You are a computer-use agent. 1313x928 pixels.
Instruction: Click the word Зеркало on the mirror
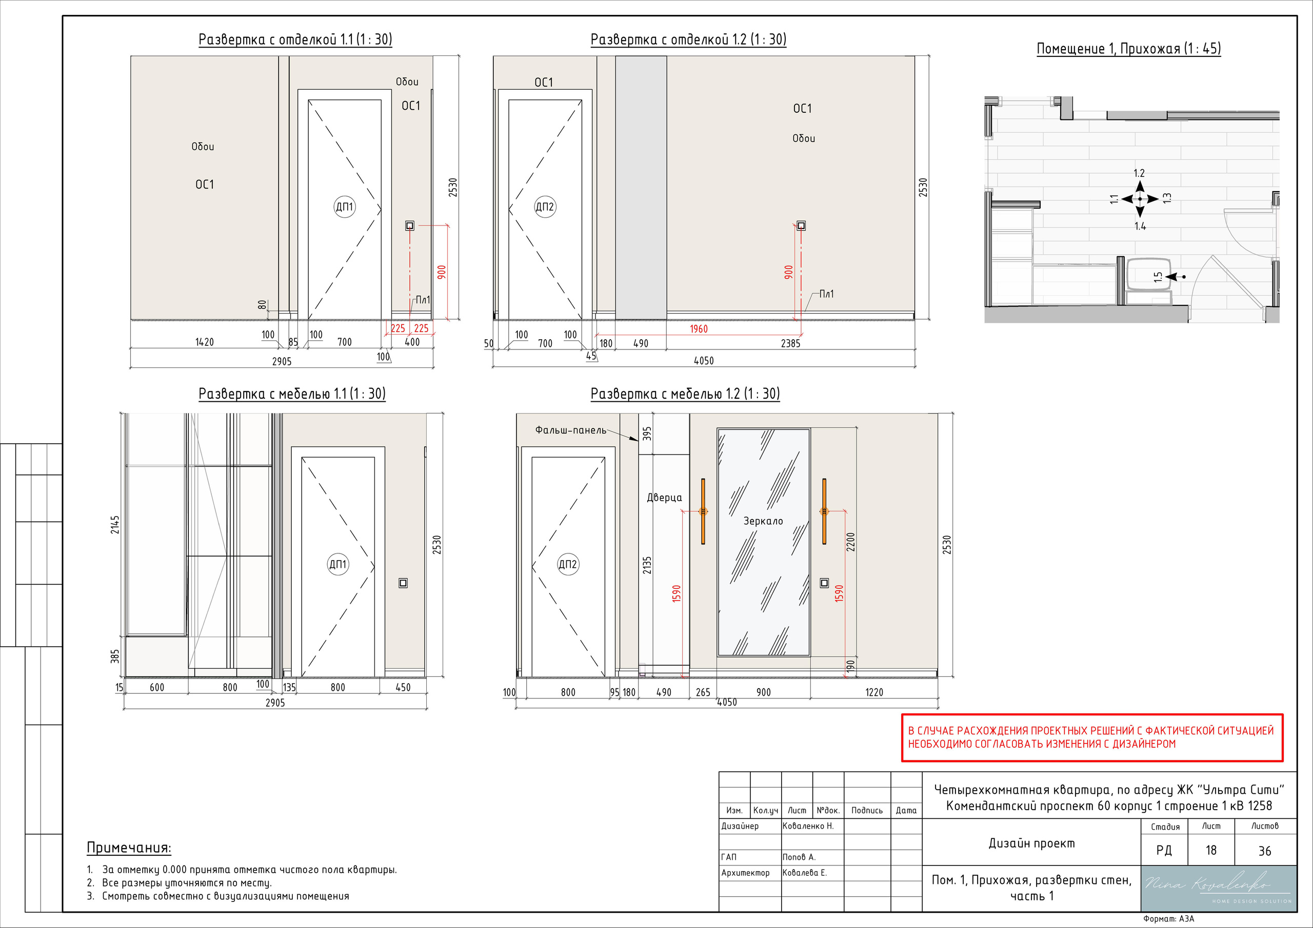(x=763, y=521)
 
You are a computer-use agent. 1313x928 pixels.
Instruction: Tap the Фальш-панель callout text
(x=570, y=430)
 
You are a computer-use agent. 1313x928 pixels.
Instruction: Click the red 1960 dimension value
(x=698, y=328)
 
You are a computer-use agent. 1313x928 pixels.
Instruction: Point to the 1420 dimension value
(x=204, y=342)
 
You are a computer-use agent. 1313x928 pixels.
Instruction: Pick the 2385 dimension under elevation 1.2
(x=790, y=343)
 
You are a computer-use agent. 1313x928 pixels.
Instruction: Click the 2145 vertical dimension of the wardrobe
(x=115, y=525)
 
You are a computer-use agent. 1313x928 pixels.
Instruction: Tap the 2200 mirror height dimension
(x=851, y=542)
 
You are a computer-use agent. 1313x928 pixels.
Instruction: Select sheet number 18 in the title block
(x=1210, y=850)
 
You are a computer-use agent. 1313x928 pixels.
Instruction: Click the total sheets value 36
(x=1264, y=851)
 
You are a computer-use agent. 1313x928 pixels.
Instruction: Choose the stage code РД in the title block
(x=1164, y=850)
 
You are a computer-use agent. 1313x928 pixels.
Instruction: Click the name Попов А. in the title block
(x=799, y=857)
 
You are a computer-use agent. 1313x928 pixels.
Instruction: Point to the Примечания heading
(x=129, y=848)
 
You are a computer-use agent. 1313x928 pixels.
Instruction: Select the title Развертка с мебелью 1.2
(x=685, y=394)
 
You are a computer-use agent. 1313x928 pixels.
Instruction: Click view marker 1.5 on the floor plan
(x=1158, y=277)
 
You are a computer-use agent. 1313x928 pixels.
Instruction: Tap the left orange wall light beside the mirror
(x=703, y=511)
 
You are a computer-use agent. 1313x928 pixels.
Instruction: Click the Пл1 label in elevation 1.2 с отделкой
(x=826, y=294)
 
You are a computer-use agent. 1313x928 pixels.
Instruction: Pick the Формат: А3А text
(x=1168, y=919)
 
